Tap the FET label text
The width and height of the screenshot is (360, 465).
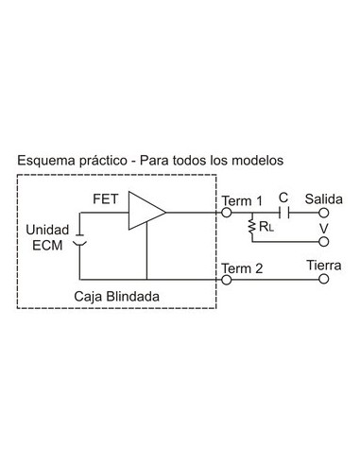pyautogui.click(x=106, y=200)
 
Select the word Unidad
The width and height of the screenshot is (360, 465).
pyautogui.click(x=46, y=230)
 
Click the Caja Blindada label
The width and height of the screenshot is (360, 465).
pyautogui.click(x=116, y=296)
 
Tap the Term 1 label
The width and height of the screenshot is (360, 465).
pyautogui.click(x=242, y=200)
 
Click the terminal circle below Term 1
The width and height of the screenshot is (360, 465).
pyautogui.click(x=226, y=214)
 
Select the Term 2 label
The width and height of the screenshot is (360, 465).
pyautogui.click(x=242, y=267)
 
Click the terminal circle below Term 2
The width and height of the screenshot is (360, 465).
pyautogui.click(x=226, y=282)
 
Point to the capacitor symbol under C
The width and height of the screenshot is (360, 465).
pyautogui.click(x=283, y=214)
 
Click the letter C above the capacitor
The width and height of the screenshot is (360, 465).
pyautogui.click(x=283, y=198)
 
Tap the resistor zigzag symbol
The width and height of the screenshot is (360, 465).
pyautogui.click(x=251, y=229)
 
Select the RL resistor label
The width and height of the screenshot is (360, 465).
pyautogui.click(x=267, y=227)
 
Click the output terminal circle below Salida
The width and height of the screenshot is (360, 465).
pyautogui.click(x=323, y=214)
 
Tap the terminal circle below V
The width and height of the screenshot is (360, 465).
pyautogui.click(x=323, y=241)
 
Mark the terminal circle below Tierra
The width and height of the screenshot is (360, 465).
pyautogui.click(x=323, y=282)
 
